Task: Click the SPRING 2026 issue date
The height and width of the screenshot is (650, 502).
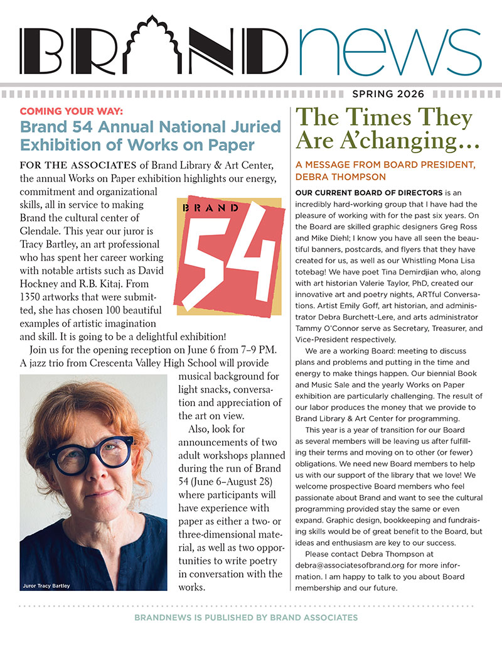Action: (x=388, y=94)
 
